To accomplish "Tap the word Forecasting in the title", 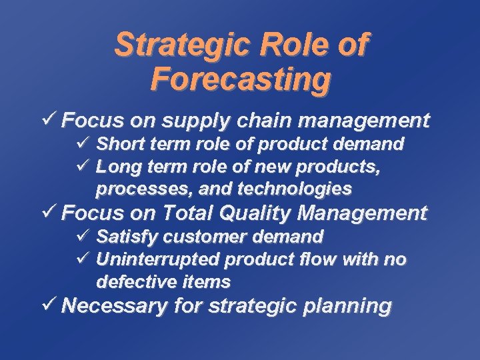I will pyautogui.click(x=240, y=79).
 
